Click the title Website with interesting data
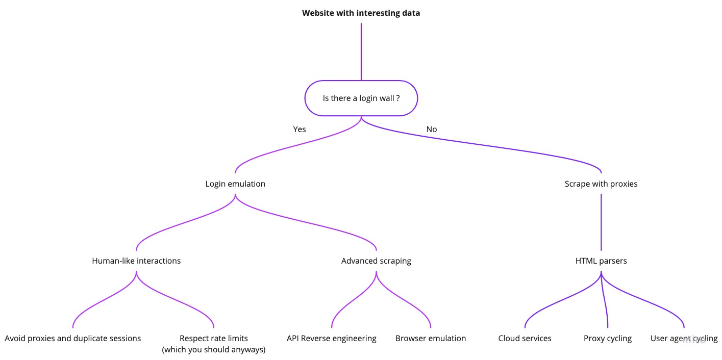pos(361,13)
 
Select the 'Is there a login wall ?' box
pos(361,98)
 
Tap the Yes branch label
pos(300,129)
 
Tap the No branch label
pos(432,129)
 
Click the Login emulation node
pos(235,184)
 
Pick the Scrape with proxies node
pos(601,184)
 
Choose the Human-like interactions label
pos(136,261)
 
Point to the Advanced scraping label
pos(376,261)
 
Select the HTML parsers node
pos(601,261)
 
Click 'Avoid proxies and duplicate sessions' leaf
pos(72,338)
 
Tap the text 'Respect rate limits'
pos(214,338)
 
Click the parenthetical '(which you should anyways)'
pos(214,349)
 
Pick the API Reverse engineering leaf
pos(331,338)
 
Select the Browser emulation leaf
pos(430,338)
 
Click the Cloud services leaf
pos(525,338)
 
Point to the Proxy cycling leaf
pos(607,338)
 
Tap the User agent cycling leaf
pos(683,338)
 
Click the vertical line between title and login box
pos(361,51)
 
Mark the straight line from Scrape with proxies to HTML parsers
pos(601,222)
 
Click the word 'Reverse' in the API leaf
pos(317,338)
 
